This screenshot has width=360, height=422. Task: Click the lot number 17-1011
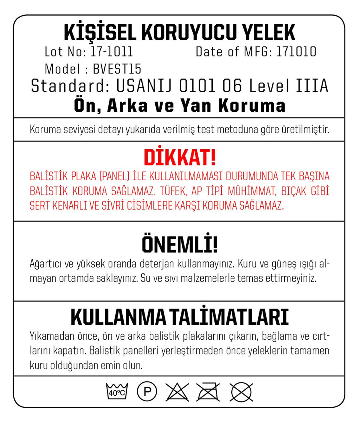(111, 52)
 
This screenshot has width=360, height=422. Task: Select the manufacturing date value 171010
(296, 52)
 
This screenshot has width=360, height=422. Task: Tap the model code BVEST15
(117, 69)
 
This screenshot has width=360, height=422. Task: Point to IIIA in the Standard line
(312, 86)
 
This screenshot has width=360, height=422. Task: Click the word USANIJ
(144, 86)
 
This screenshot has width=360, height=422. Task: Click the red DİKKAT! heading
(180, 157)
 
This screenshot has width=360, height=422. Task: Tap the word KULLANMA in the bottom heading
(118, 317)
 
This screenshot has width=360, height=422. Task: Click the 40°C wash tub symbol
(117, 391)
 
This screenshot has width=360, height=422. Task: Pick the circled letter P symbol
(147, 391)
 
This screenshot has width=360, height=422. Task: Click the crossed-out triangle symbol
(177, 392)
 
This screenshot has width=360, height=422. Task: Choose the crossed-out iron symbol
(208, 392)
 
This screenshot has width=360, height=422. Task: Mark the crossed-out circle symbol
(241, 392)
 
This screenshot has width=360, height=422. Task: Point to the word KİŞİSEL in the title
(100, 33)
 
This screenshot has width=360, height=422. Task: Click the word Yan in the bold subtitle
(196, 106)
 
